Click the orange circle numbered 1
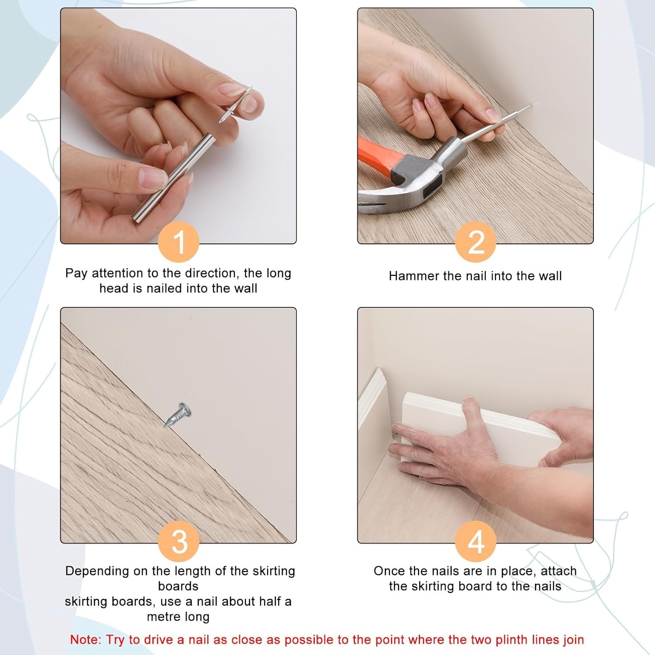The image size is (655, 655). point(179,241)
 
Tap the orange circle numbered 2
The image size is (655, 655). point(476,241)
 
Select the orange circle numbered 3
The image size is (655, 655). point(179,541)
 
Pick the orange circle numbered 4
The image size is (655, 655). point(476,541)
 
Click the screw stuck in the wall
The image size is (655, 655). point(178,414)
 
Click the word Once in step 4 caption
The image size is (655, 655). point(388,571)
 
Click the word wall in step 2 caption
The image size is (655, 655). point(549,276)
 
